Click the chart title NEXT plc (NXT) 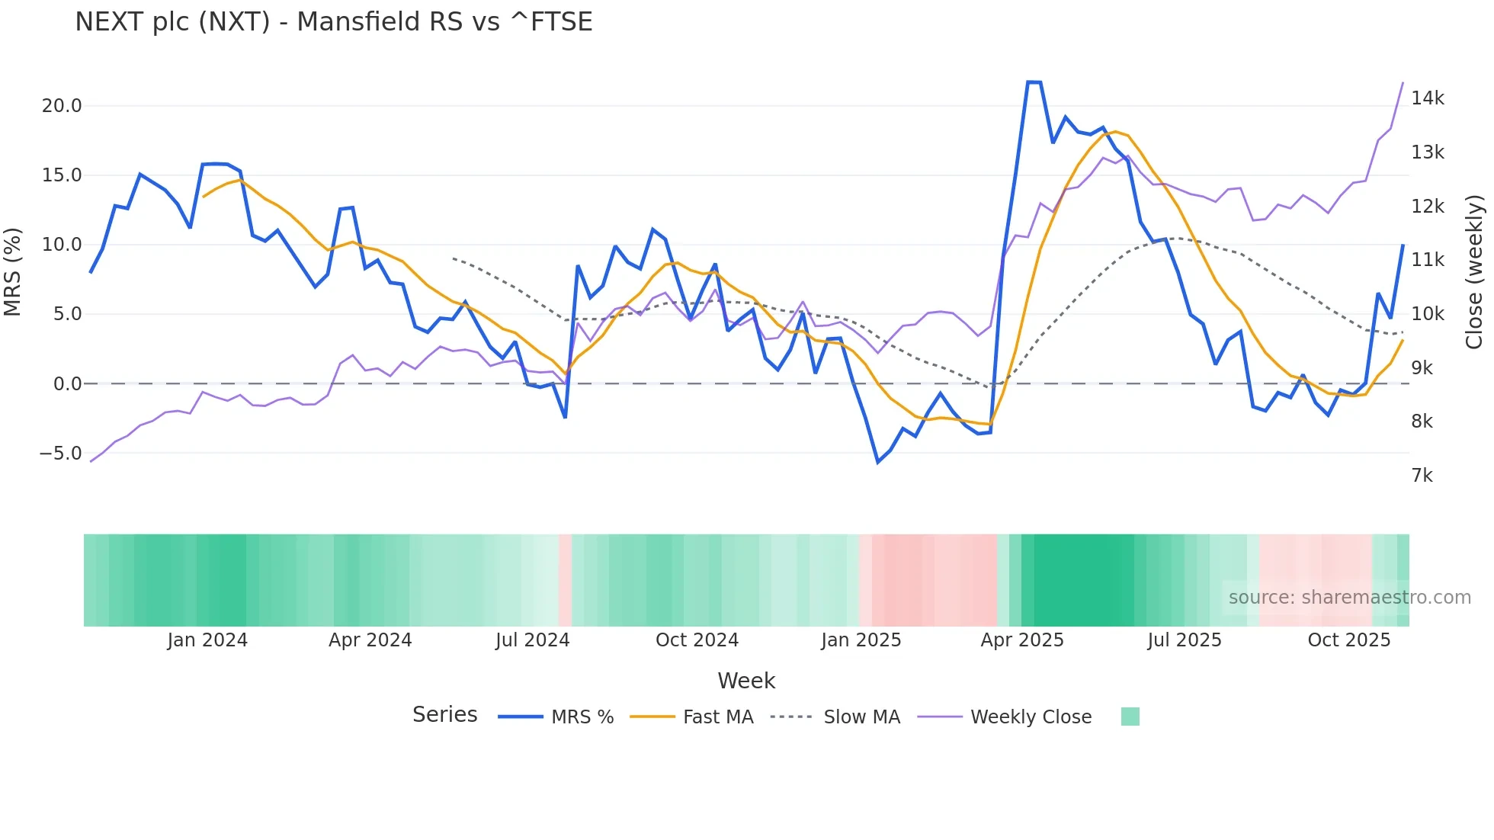333,22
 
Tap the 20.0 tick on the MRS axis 62,106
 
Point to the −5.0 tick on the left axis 60,454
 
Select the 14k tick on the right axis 1427,98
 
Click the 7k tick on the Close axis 1422,476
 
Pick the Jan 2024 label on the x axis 207,640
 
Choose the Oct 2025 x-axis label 1348,640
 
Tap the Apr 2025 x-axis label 1021,640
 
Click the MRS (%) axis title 13,271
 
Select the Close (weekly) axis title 1474,271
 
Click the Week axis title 746,681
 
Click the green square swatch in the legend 1130,717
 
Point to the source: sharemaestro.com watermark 1349,598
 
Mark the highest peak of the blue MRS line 1034,82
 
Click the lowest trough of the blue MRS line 878,462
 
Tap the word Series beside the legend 444,715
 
